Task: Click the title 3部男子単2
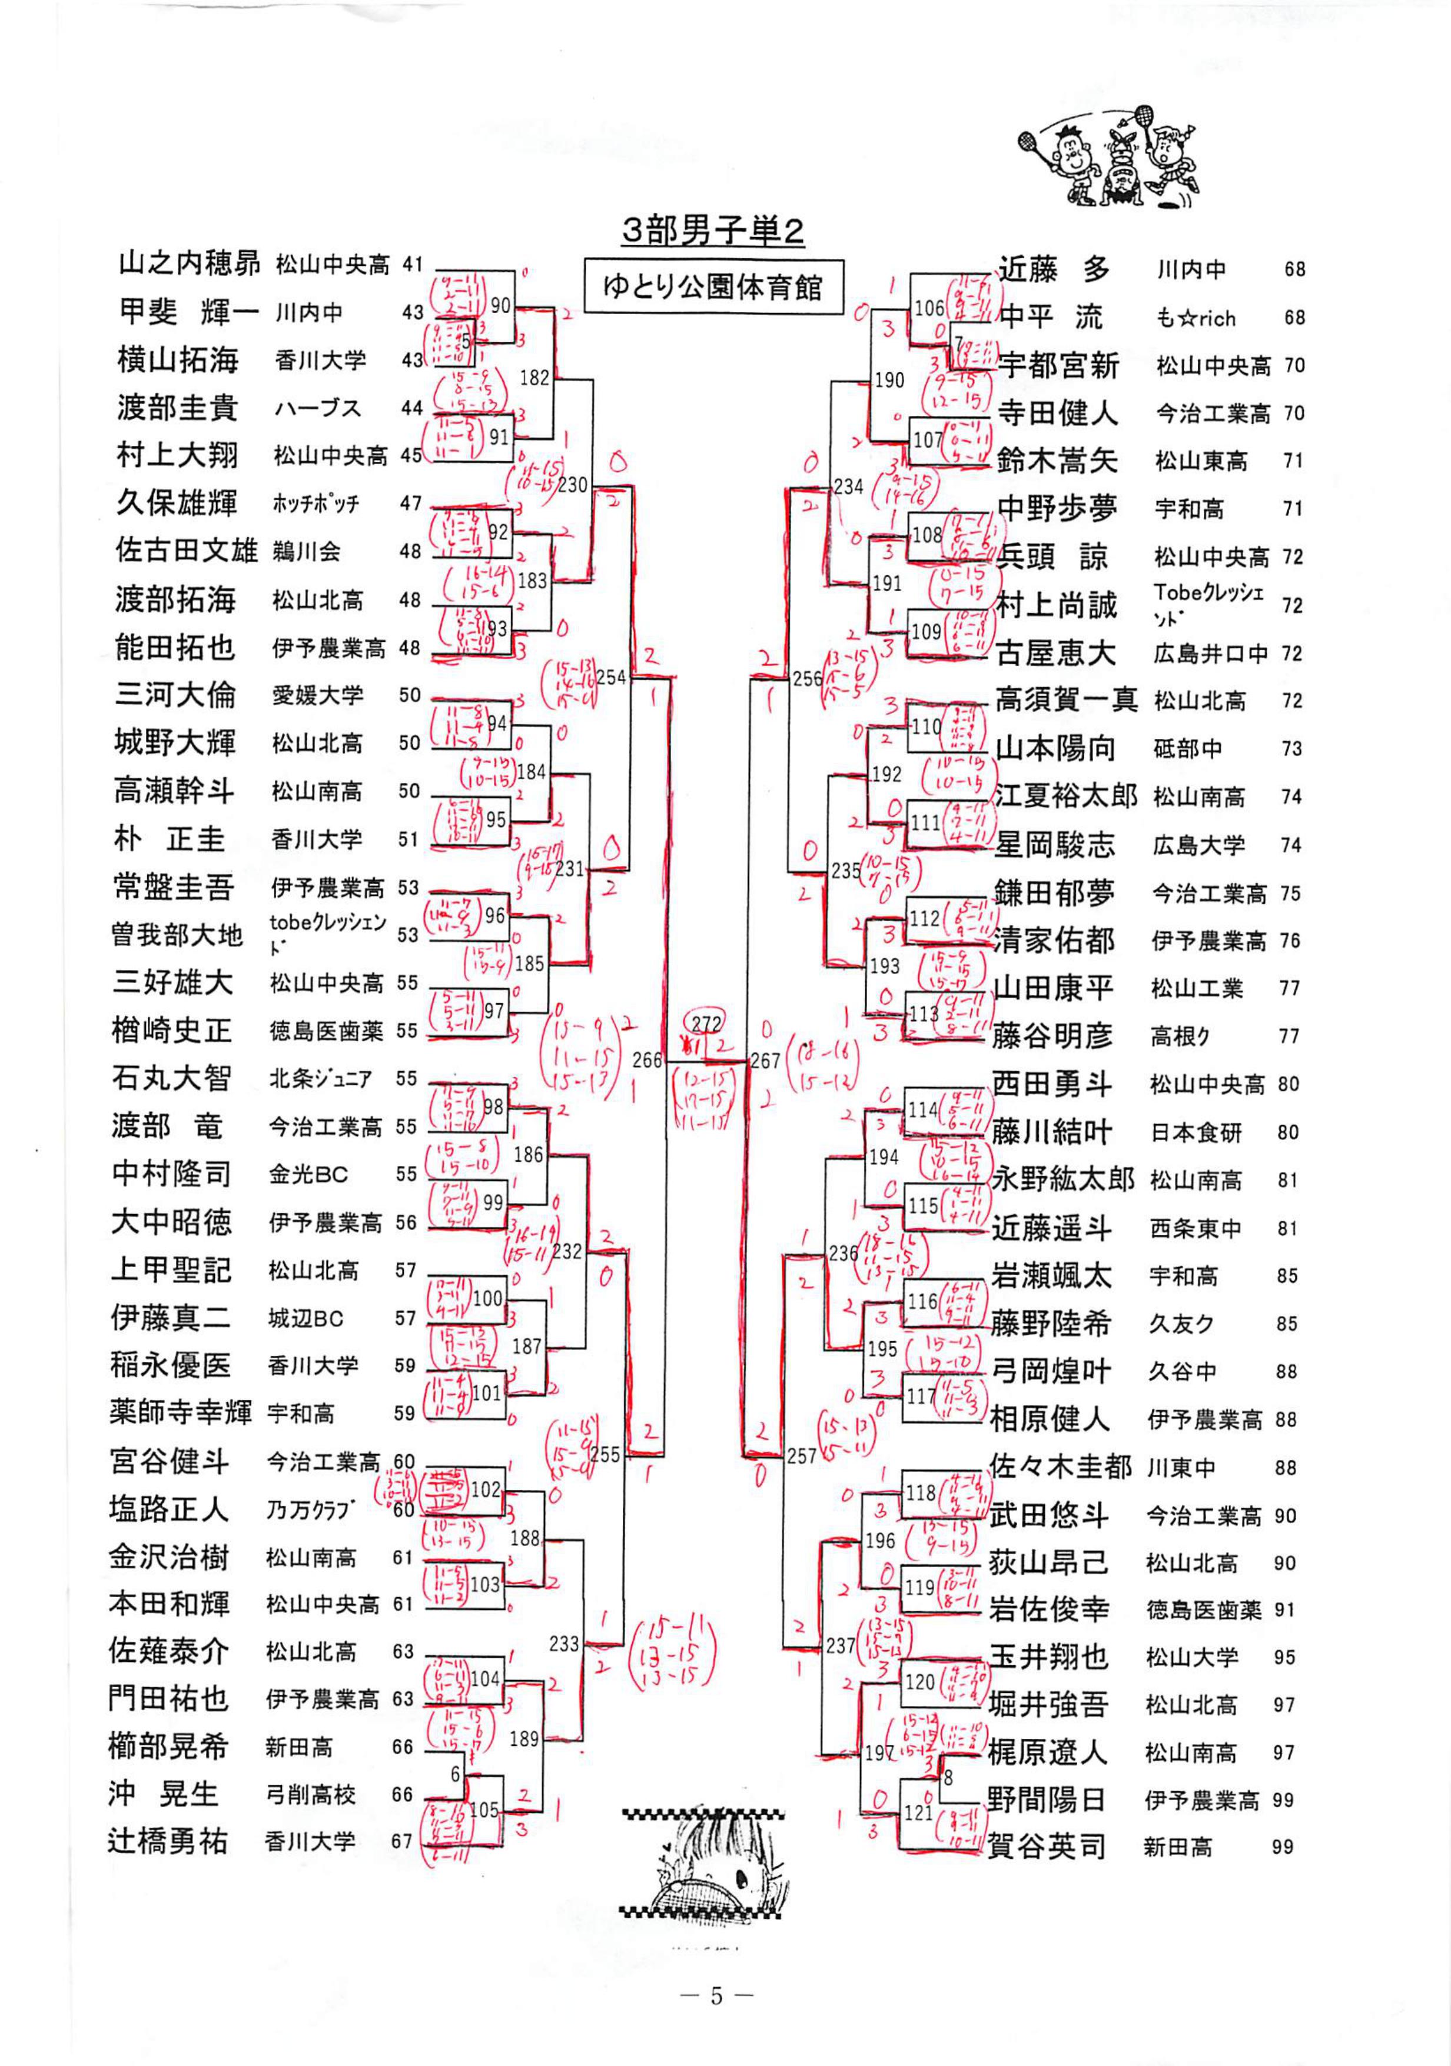712,231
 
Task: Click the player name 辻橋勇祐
168,1841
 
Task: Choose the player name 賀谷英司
1046,1845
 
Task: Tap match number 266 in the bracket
647,1060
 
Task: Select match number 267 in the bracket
765,1061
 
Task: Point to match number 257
801,1455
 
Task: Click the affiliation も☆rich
1196,318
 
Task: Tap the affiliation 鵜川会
306,551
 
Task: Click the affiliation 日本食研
1196,1133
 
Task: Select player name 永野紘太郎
1063,1179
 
